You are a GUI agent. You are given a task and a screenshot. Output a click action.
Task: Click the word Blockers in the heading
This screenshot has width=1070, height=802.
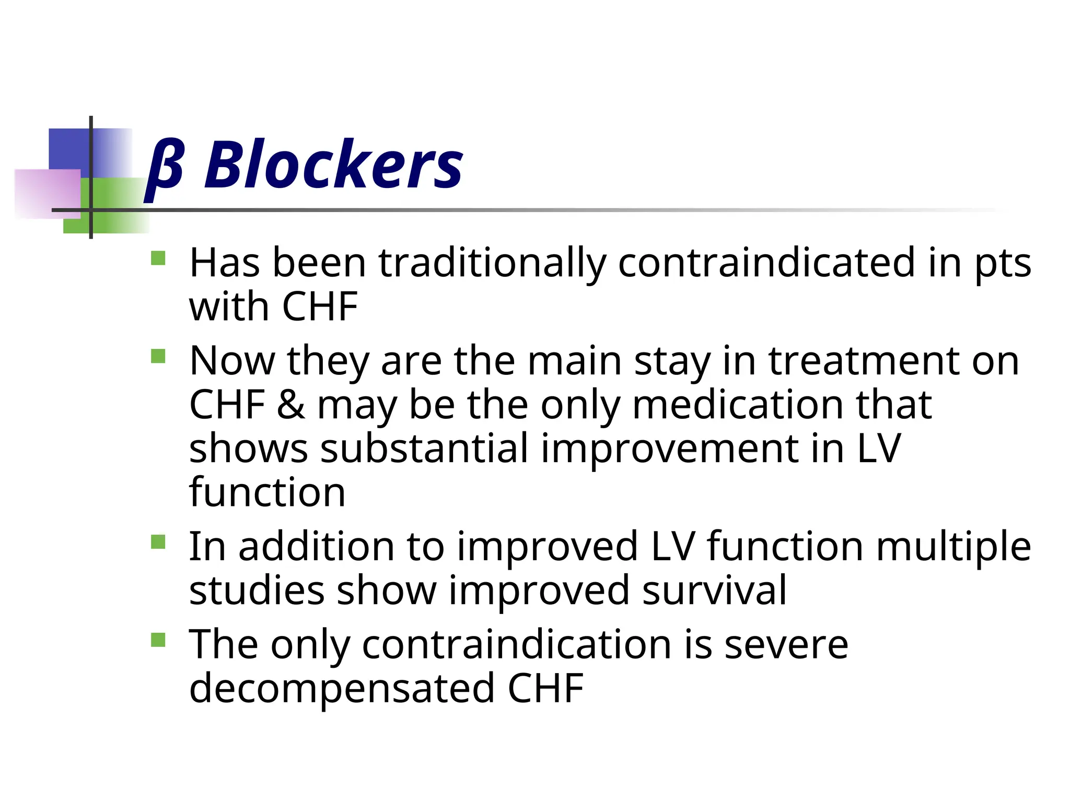click(x=333, y=165)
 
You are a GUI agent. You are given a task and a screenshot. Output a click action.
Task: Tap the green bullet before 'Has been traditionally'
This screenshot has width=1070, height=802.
click(x=158, y=259)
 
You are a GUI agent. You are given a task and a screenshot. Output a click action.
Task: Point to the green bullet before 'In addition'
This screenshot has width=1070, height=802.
click(x=158, y=542)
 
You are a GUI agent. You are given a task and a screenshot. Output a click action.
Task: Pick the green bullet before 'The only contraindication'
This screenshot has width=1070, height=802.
click(x=158, y=640)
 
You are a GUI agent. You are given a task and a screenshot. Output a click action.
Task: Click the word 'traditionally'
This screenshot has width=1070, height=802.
click(x=492, y=263)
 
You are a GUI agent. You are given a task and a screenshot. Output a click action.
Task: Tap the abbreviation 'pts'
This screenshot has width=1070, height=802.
click(x=1003, y=264)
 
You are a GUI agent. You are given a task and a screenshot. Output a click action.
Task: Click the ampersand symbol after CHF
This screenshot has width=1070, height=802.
click(x=291, y=405)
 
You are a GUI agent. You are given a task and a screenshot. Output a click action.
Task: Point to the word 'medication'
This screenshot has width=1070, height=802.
click(x=737, y=405)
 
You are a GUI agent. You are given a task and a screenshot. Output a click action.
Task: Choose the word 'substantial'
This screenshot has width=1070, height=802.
click(x=424, y=449)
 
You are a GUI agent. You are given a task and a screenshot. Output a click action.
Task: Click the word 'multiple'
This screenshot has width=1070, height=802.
click(x=953, y=547)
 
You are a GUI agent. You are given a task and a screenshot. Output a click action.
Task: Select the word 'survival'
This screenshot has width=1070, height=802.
click(x=714, y=591)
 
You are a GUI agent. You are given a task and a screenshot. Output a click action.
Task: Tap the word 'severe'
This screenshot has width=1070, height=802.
click(x=786, y=645)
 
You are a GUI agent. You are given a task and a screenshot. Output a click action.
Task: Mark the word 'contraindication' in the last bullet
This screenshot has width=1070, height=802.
click(x=516, y=645)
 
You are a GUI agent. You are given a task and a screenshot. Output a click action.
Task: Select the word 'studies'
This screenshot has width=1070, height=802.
click(x=257, y=591)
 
